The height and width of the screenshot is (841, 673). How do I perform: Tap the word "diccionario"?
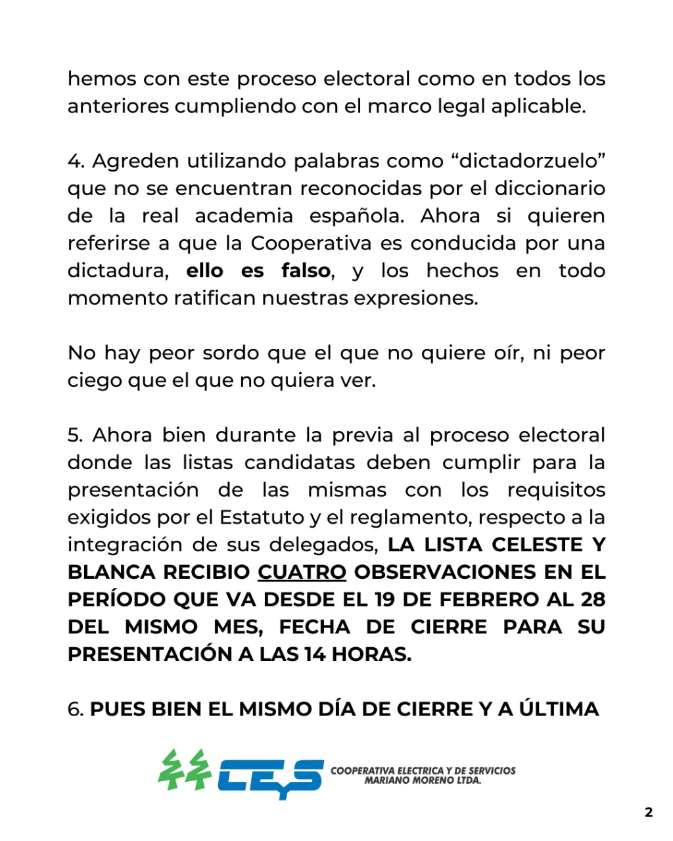[x=549, y=189]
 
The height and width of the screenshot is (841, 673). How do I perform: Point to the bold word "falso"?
[x=306, y=271]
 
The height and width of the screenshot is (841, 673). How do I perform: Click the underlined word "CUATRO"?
[x=302, y=572]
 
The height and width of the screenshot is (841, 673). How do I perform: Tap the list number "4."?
[x=76, y=161]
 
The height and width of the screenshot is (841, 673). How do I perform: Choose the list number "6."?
[x=76, y=710]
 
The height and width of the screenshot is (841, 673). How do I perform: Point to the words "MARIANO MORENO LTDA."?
[x=423, y=781]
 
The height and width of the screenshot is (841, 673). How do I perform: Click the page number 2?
[x=649, y=812]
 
